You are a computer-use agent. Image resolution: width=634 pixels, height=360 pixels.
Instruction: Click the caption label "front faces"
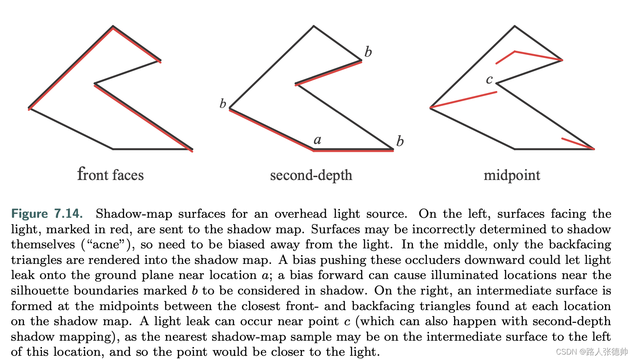[x=110, y=174]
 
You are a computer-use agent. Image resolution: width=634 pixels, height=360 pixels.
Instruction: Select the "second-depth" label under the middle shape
[x=311, y=175]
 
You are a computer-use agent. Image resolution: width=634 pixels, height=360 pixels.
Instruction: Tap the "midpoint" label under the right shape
[x=512, y=175]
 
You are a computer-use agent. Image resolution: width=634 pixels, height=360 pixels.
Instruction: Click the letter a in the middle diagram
[x=317, y=140]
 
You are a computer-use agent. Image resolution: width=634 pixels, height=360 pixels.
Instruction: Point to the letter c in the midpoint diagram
[x=489, y=79]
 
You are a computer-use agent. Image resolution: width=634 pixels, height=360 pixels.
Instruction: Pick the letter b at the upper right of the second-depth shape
[x=368, y=52]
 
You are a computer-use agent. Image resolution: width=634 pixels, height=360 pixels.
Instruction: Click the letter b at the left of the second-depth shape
[x=223, y=103]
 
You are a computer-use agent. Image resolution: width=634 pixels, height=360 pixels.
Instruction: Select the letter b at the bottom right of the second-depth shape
[x=400, y=141]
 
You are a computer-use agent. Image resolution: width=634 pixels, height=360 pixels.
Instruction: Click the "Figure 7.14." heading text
[x=47, y=214]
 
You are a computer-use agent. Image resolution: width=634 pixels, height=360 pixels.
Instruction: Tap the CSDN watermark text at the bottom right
[x=591, y=352]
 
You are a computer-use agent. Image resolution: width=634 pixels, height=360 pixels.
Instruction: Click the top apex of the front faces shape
[x=113, y=27]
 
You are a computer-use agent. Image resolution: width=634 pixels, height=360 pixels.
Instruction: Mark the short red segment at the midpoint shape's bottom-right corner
[x=578, y=143]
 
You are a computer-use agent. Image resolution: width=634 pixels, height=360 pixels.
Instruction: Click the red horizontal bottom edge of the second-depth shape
[x=353, y=150]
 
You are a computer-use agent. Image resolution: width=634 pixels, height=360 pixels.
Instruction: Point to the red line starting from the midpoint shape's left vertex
[x=463, y=100]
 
